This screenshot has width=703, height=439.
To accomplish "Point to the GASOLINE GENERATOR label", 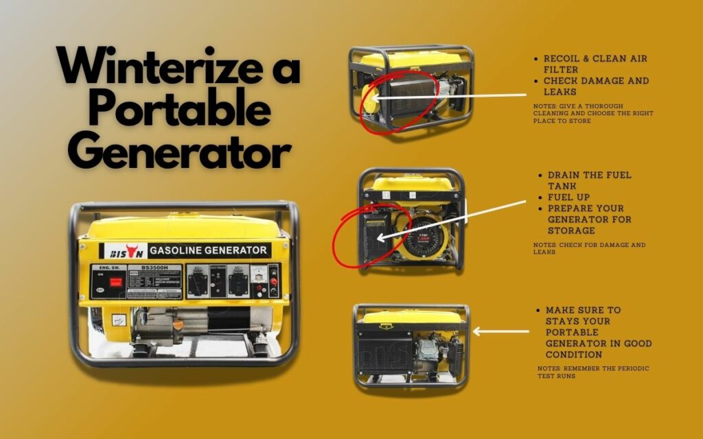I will pyautogui.click(x=209, y=250).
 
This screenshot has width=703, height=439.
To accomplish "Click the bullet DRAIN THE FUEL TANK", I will pyautogui.click(x=589, y=180).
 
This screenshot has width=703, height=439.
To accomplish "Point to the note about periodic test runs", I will pyautogui.click(x=593, y=372).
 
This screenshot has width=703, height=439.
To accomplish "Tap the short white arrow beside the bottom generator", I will pyautogui.click(x=501, y=331).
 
